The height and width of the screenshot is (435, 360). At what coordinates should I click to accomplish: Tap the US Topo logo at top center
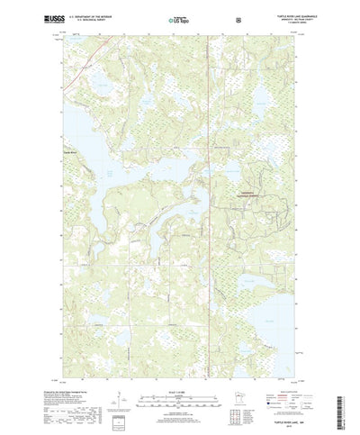[x=179, y=18]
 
